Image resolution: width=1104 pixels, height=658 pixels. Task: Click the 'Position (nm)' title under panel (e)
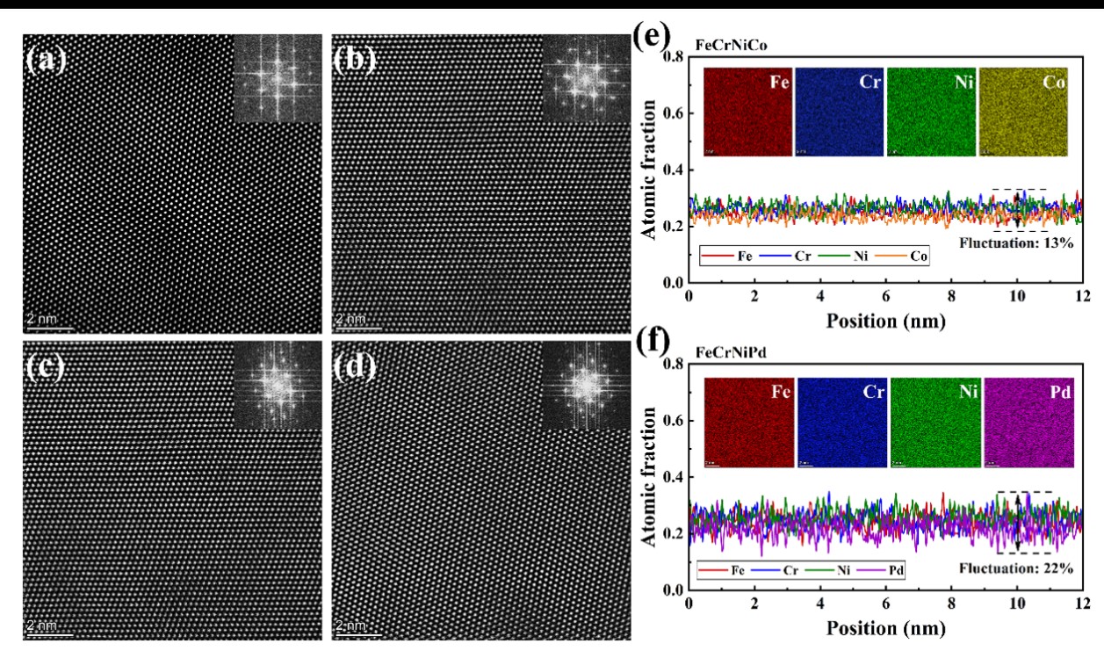(885, 321)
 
